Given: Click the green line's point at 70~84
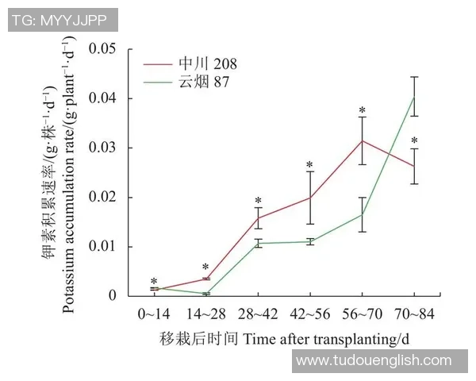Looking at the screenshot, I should click(413, 97).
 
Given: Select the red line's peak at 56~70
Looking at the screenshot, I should click(362, 140).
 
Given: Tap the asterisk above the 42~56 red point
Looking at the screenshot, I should click(309, 165).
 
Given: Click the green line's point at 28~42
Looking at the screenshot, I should click(257, 243).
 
